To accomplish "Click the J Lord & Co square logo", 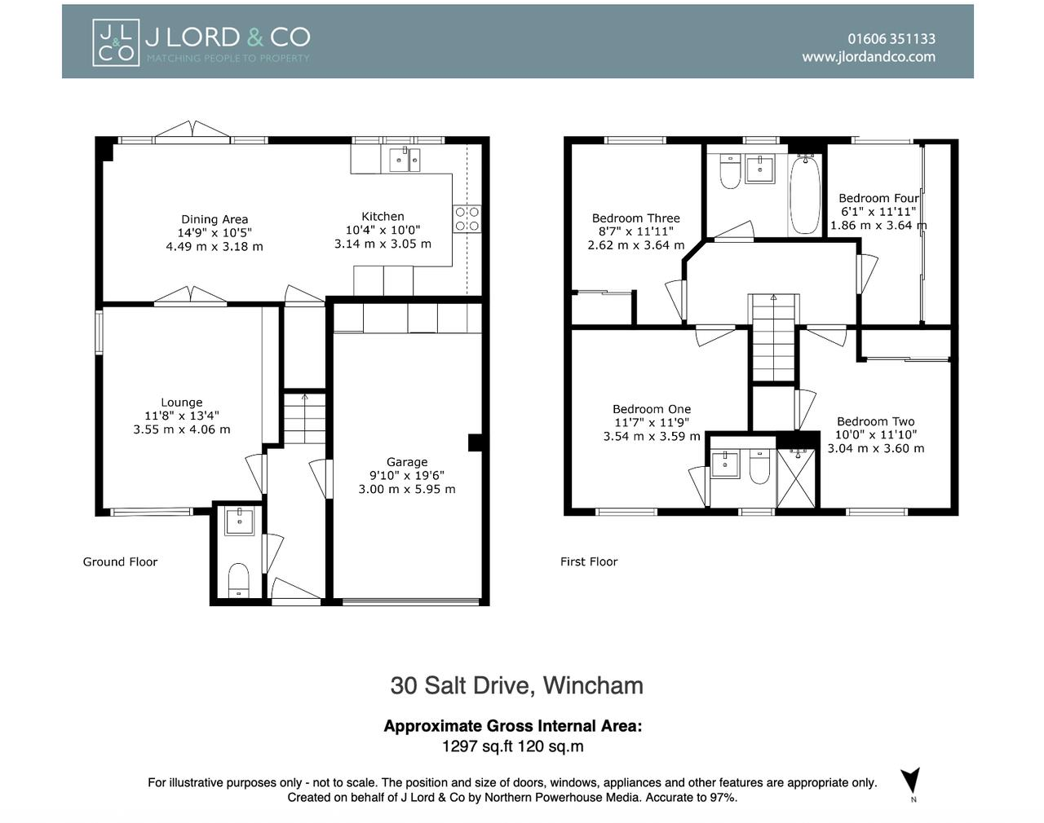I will click(115, 42).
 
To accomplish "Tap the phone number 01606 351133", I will click(891, 38).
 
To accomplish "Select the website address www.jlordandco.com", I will click(868, 57).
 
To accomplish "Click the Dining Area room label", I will click(215, 219).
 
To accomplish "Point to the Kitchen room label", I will click(383, 217).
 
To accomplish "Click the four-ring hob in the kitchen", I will click(467, 218).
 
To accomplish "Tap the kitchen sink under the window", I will click(405, 160).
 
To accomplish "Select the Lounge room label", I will click(181, 403).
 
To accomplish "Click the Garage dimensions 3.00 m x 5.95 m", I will click(406, 489).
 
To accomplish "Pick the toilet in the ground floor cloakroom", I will click(238, 579).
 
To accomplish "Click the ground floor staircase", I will click(305, 417).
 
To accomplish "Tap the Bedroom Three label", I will click(635, 218).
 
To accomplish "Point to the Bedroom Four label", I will click(878, 198).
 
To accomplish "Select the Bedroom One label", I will click(651, 410).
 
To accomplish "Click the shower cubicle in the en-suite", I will click(797, 478).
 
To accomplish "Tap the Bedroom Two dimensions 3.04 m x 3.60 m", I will click(876, 448).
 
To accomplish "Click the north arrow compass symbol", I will click(911, 781).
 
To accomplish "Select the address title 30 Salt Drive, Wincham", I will click(516, 685).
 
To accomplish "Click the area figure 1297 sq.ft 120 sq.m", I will click(512, 746).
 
